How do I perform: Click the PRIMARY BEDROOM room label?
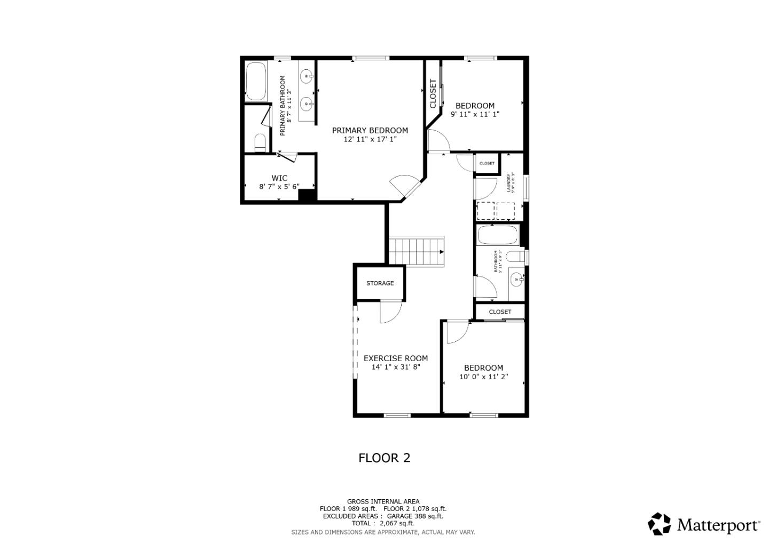click(x=370, y=130)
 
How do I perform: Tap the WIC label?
click(x=279, y=178)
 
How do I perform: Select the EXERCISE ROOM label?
click(x=396, y=358)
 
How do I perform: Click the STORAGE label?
click(x=380, y=283)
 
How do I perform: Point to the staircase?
click(x=416, y=251)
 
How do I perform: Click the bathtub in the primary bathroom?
click(x=256, y=82)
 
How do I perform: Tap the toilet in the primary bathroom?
click(x=260, y=142)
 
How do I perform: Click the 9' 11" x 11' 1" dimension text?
click(x=475, y=114)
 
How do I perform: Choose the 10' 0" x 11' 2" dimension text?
click(x=483, y=377)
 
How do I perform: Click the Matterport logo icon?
click(x=660, y=524)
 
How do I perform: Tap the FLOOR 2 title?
click(x=384, y=458)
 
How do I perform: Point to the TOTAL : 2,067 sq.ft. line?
click(x=383, y=523)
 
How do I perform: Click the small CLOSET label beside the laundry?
click(x=486, y=163)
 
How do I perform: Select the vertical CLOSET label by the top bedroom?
click(x=433, y=94)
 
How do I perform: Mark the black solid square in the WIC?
click(x=307, y=195)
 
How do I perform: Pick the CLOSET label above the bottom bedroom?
click(x=500, y=312)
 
